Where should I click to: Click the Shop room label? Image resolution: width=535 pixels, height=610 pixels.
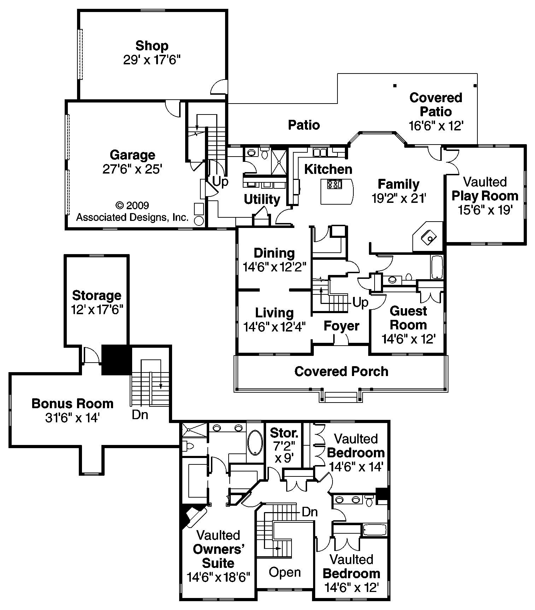[152, 46]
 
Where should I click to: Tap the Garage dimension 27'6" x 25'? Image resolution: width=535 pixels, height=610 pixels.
[132, 169]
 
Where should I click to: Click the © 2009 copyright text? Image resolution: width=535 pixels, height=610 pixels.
[132, 205]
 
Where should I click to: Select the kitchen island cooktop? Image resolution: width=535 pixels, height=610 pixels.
[334, 184]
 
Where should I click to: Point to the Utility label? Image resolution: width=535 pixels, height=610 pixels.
[262, 199]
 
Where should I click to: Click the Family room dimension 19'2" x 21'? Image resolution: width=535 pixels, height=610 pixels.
[399, 198]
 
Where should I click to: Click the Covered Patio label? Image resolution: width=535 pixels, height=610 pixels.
[436, 104]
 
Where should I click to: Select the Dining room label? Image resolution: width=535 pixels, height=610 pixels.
[274, 253]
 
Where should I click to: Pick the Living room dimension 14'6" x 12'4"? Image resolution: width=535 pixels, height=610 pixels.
[275, 327]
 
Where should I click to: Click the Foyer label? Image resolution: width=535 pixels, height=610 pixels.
[341, 326]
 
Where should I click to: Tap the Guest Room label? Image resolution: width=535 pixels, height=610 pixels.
[408, 318]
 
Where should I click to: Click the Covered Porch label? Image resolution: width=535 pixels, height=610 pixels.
[341, 371]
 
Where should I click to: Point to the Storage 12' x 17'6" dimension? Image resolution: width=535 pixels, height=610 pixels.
[97, 310]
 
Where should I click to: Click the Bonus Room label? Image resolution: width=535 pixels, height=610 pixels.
[72, 404]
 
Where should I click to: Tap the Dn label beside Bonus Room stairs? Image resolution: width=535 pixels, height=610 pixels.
[140, 415]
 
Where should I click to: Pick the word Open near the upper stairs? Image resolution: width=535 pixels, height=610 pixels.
[285, 572]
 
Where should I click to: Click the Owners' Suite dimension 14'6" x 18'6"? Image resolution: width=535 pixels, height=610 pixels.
[218, 577]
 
